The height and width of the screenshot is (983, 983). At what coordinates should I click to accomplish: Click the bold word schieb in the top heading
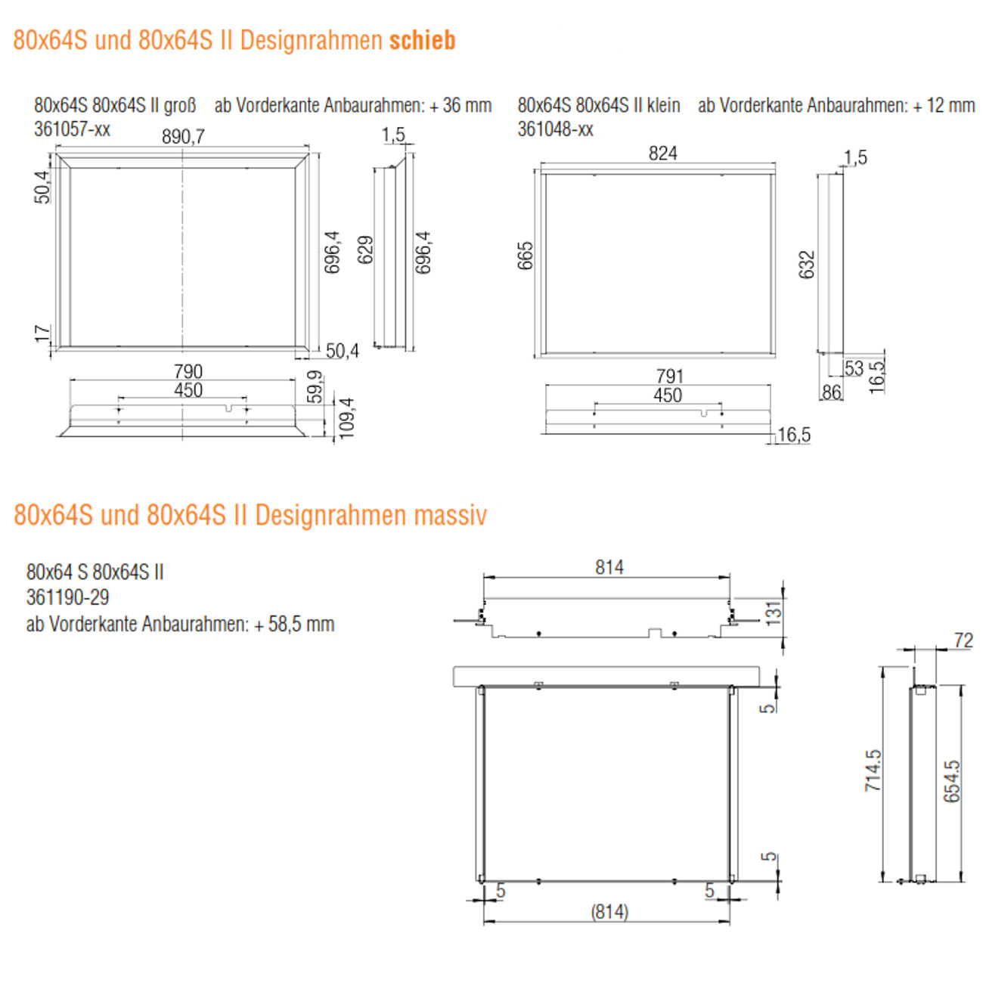click(422, 40)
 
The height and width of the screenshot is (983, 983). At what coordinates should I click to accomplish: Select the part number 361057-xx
click(72, 129)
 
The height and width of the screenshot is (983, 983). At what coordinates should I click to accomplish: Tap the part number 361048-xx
click(555, 129)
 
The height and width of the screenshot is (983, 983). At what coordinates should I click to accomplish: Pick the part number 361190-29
click(67, 597)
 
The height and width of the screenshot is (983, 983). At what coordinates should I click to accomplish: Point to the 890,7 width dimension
click(183, 136)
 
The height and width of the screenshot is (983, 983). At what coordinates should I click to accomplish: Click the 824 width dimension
click(662, 153)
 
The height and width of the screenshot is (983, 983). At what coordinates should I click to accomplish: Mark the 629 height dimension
click(365, 250)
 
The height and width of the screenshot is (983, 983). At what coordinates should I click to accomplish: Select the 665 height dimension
click(526, 256)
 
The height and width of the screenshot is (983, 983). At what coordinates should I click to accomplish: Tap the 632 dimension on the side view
click(807, 265)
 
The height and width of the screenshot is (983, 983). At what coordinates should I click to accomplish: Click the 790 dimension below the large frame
click(188, 371)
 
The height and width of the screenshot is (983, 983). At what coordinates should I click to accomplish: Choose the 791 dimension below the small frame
click(669, 376)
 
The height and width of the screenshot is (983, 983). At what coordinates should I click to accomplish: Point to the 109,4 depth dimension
click(346, 417)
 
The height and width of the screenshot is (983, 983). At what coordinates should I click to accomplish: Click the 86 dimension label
click(831, 392)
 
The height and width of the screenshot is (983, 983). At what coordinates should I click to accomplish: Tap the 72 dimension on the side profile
click(963, 640)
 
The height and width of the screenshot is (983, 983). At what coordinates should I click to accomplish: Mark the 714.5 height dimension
click(873, 771)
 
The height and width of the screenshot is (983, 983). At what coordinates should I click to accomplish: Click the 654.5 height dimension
click(951, 781)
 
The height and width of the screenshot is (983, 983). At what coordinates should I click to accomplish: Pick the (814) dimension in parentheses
click(609, 912)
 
